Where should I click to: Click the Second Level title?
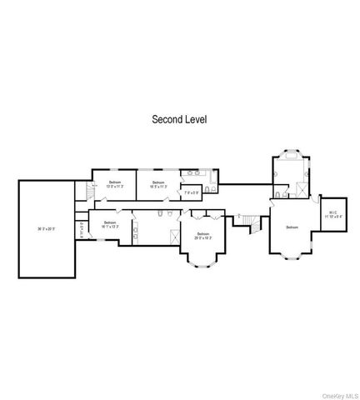[x=178, y=119]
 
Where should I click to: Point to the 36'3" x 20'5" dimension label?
[x=47, y=228]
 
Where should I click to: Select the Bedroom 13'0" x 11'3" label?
[x=115, y=184]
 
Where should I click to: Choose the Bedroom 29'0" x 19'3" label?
[x=203, y=236]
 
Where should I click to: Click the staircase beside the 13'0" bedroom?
[x=83, y=193]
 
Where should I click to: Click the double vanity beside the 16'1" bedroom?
[x=134, y=229]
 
